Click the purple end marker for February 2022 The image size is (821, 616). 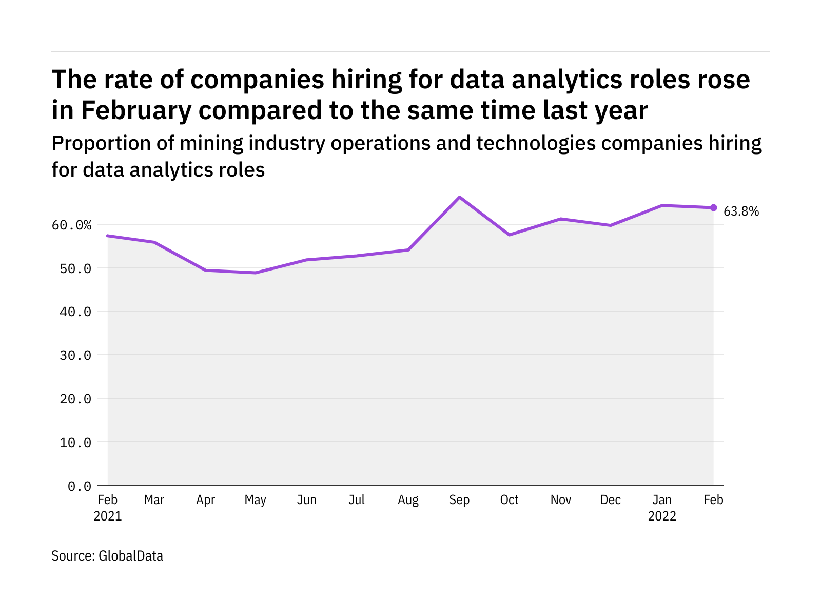713,207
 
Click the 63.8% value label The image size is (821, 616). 741,211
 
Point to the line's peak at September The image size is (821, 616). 459,197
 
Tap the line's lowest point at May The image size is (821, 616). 256,273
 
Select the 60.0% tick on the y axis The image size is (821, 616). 71,225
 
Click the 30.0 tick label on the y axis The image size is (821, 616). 75,355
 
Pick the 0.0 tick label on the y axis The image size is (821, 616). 80,486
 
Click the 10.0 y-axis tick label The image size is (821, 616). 75,442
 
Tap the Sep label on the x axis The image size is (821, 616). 459,500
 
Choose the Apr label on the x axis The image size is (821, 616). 205,500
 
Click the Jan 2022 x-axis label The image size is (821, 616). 662,508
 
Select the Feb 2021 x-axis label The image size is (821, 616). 108,508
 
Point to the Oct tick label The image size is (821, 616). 509,500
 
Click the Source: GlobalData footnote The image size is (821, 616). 107,556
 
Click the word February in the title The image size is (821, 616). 136,110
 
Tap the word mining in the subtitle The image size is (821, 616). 211,143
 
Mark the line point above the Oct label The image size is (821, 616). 509,235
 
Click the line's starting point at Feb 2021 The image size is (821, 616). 108,236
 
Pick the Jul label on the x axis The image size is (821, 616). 357,500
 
